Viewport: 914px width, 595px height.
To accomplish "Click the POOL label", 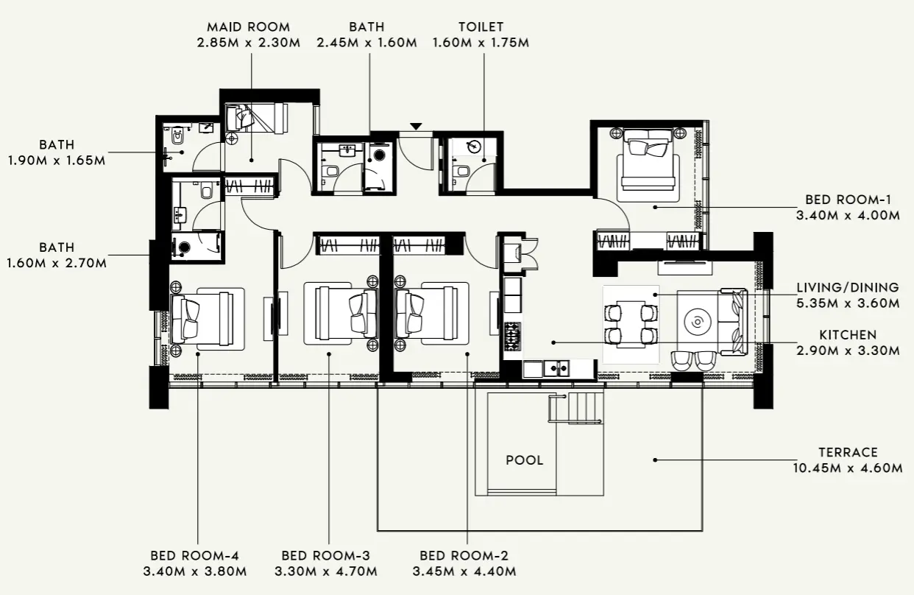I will (524, 460).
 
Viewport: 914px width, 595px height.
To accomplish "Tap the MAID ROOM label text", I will (248, 27).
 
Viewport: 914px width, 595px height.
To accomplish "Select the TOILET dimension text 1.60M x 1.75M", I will (481, 43).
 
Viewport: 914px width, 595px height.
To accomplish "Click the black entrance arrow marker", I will (417, 127).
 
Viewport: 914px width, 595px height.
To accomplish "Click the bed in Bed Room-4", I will (202, 317).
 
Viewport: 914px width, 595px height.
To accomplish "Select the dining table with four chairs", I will (630, 324).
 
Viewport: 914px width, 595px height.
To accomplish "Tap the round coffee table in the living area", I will (696, 322).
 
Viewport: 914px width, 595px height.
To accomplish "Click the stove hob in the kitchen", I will (511, 336).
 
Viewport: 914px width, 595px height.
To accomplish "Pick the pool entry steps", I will (577, 408).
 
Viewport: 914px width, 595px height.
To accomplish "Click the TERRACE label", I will (848, 452).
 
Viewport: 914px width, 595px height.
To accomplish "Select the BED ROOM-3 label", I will (325, 556).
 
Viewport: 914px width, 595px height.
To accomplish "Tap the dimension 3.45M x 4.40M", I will (464, 571).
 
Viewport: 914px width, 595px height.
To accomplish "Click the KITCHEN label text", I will (848, 335).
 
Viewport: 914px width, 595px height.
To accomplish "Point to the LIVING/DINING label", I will (848, 287).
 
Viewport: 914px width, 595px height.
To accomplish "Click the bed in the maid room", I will (258, 117).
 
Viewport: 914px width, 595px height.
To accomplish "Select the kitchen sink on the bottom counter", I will (556, 367).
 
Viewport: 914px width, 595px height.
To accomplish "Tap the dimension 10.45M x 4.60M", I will (848, 468).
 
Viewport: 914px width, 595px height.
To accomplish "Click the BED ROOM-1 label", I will (848, 200).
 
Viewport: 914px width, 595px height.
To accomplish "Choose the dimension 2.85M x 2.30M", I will (248, 43).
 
